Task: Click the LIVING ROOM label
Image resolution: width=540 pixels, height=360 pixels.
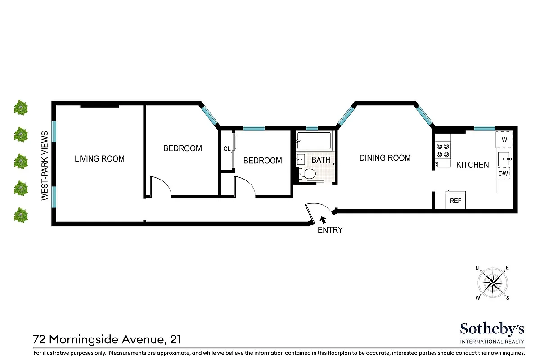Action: click(99, 159)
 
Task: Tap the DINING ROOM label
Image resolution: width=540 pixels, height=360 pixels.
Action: click(385, 158)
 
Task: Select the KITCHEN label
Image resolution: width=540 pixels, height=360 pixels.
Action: click(472, 165)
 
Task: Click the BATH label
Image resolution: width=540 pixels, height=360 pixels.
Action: click(321, 160)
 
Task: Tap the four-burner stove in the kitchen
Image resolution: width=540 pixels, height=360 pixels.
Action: click(443, 150)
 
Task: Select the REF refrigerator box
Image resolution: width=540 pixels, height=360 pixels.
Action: click(455, 201)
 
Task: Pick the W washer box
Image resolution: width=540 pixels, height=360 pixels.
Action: click(504, 140)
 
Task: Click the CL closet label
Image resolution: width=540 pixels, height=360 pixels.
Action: click(227, 149)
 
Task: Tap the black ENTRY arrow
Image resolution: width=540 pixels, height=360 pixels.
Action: click(323, 220)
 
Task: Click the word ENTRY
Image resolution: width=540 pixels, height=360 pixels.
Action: click(330, 230)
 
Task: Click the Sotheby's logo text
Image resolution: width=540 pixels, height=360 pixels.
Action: click(492, 329)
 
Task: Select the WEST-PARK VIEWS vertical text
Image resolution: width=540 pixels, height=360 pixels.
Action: click(45, 166)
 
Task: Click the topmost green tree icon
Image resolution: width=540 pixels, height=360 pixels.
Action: click(21, 108)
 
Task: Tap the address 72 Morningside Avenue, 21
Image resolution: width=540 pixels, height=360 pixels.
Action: click(107, 339)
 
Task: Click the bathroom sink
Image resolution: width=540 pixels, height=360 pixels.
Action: click(301, 159)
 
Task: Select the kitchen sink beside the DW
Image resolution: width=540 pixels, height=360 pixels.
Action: click(504, 159)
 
